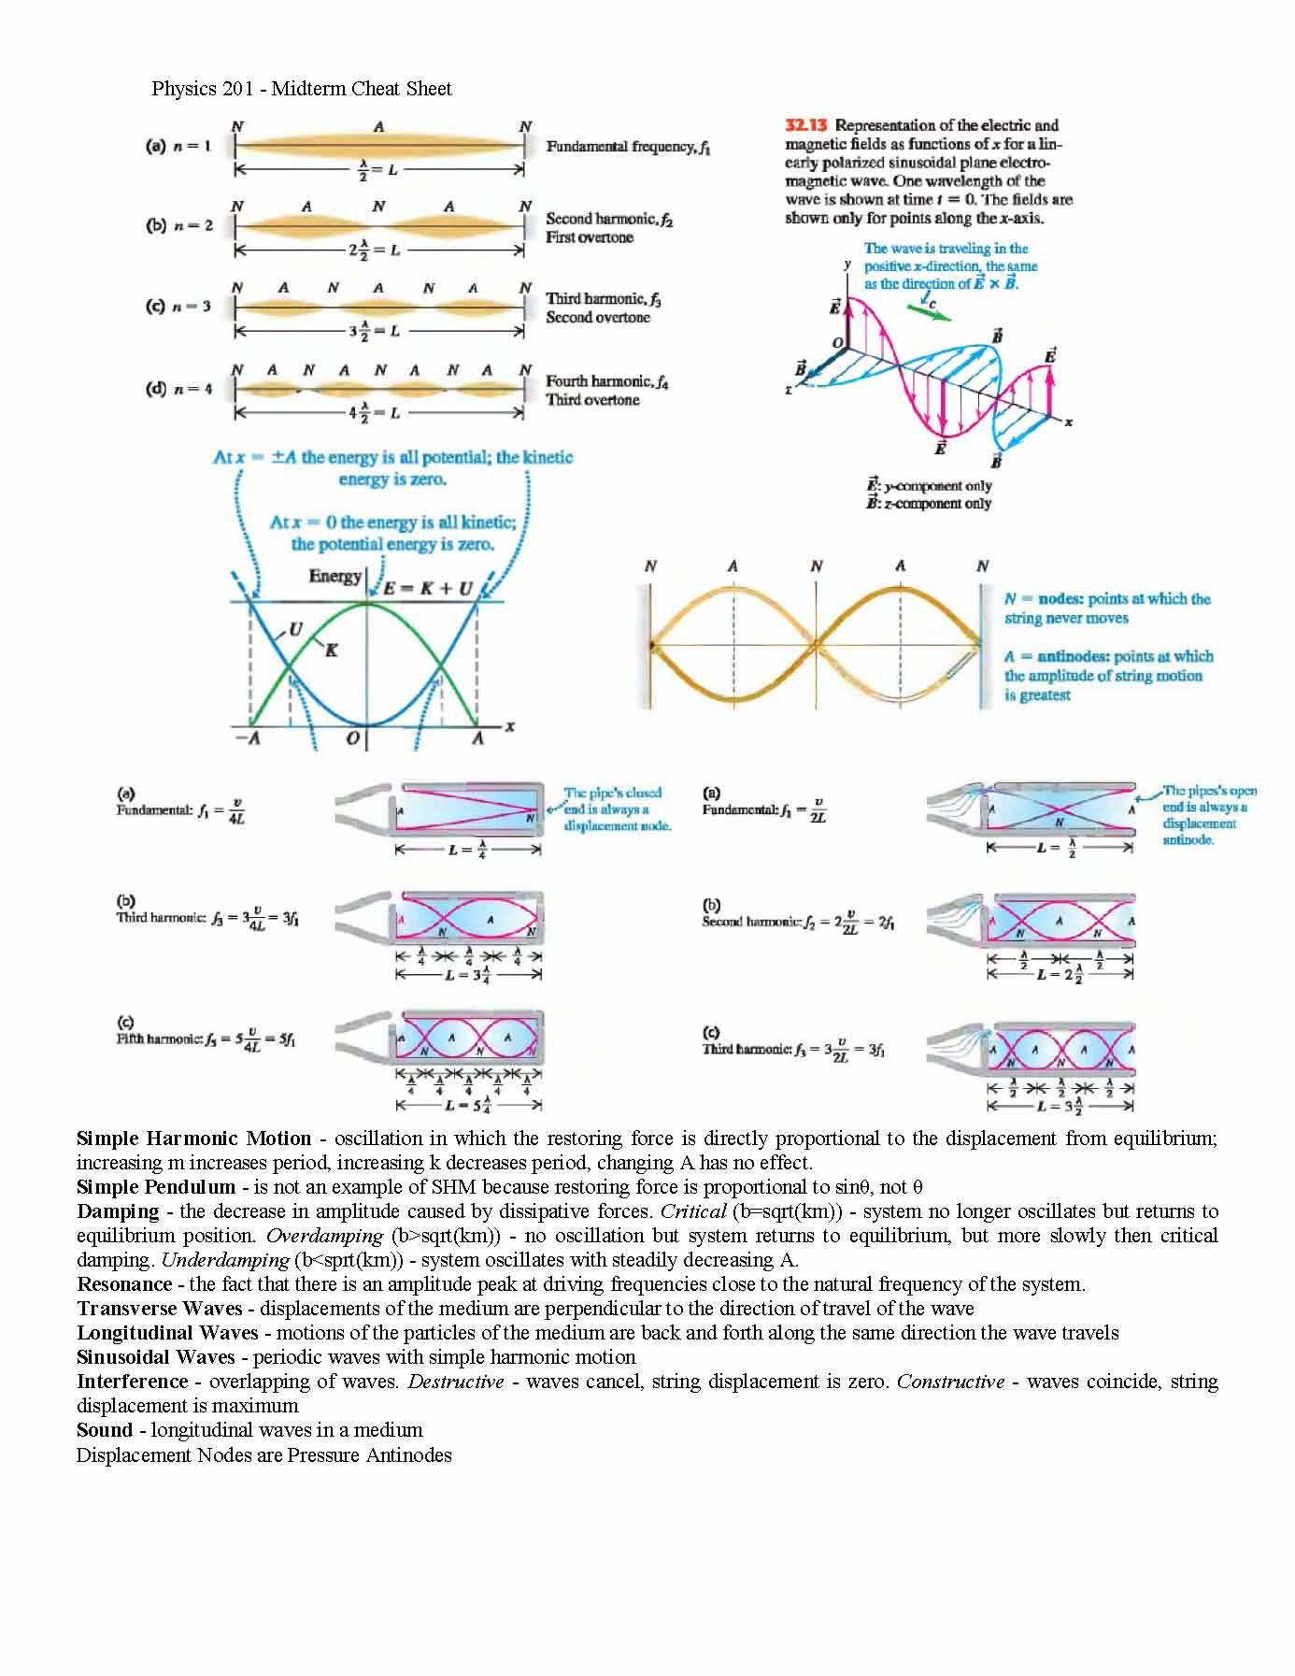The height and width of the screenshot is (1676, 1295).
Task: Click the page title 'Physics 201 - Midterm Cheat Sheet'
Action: click(x=301, y=89)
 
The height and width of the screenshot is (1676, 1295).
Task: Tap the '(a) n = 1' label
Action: click(x=178, y=146)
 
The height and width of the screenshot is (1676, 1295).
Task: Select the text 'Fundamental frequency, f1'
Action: click(x=628, y=147)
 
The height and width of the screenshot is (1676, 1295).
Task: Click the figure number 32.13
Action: click(x=806, y=125)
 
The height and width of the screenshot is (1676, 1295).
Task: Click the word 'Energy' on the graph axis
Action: click(x=334, y=576)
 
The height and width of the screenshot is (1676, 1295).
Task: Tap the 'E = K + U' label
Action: click(x=429, y=588)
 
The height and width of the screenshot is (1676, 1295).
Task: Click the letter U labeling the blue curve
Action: click(x=295, y=630)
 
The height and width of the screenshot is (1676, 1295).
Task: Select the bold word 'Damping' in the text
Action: click(x=118, y=1211)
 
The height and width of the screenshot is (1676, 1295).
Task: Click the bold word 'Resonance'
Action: click(x=124, y=1284)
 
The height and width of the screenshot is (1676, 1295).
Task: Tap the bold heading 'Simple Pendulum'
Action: click(x=156, y=1187)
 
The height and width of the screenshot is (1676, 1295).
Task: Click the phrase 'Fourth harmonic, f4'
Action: click(x=607, y=381)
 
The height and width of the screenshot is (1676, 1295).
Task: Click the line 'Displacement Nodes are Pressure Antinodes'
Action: click(x=263, y=1455)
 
